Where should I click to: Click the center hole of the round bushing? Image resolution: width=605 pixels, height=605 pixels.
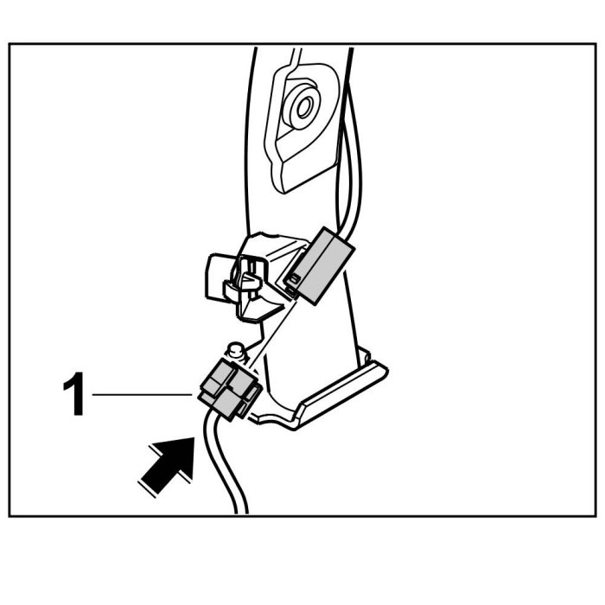(x=303, y=108)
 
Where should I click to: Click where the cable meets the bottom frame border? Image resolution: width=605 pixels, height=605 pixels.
(x=241, y=515)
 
